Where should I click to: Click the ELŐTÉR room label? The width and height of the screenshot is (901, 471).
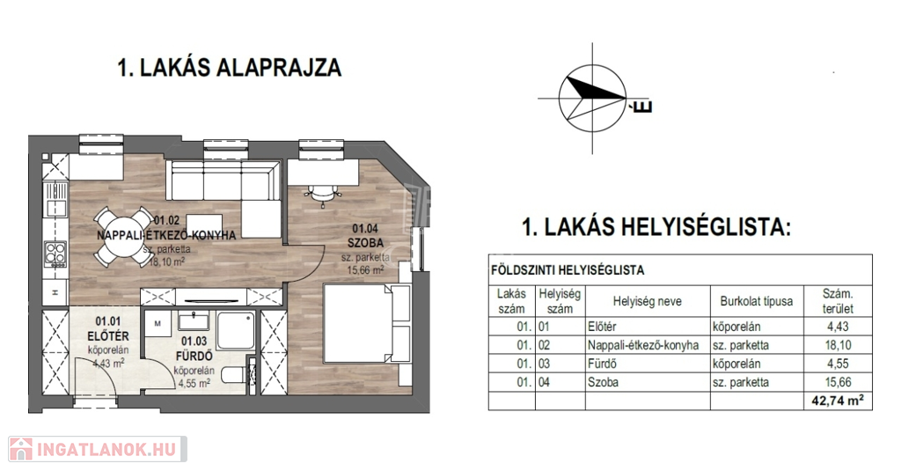tap(108, 335)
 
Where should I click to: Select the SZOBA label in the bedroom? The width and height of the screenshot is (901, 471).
tap(365, 243)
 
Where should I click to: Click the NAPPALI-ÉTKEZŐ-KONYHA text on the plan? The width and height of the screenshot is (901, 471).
tap(166, 235)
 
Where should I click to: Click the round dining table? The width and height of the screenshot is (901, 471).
tap(123, 236)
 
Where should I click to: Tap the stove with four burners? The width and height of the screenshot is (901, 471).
tap(55, 253)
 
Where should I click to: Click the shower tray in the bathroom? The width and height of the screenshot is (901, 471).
tap(236, 331)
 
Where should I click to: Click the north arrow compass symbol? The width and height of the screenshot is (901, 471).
tap(592, 98)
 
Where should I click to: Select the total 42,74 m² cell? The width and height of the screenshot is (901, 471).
tap(838, 401)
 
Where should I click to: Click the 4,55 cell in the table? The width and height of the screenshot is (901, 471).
tap(838, 364)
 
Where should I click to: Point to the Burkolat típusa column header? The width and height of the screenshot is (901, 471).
tap(756, 301)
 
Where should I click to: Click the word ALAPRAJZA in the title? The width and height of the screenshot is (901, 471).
tap(279, 67)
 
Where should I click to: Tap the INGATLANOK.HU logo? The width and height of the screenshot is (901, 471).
tap(97, 449)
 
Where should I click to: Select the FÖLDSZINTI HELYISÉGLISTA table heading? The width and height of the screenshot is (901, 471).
tap(568, 270)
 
